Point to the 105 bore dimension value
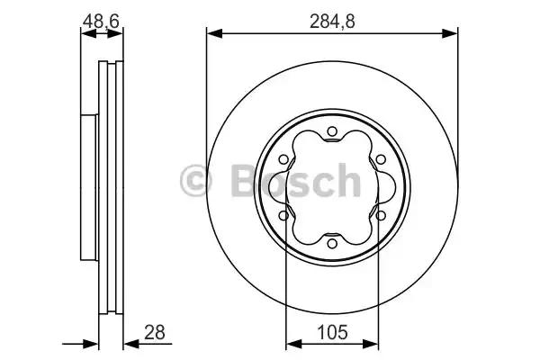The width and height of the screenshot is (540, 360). click(332, 332)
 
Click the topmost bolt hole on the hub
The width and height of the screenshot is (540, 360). click(332, 133)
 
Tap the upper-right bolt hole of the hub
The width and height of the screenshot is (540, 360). click(379, 160)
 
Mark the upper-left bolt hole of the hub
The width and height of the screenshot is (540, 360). click(285, 160)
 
